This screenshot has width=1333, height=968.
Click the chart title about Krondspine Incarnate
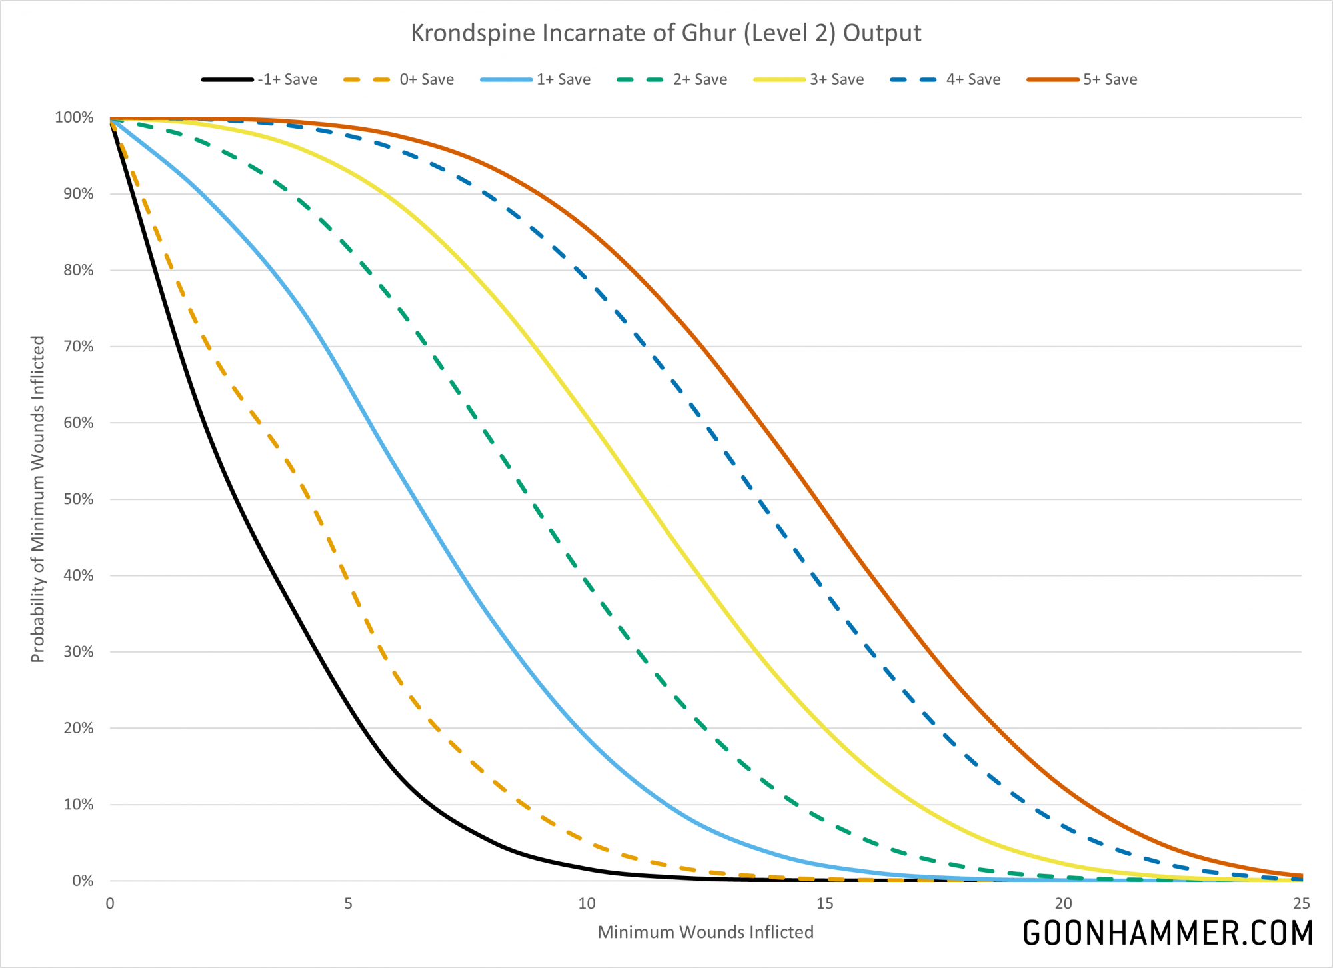point(666,33)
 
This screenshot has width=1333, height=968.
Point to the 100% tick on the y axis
point(74,118)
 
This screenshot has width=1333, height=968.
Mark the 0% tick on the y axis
point(81,881)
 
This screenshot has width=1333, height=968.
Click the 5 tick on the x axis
point(348,904)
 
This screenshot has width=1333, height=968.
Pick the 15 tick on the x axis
point(825,904)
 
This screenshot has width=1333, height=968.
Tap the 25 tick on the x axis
point(1302,904)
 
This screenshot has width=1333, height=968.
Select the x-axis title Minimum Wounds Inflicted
point(705,932)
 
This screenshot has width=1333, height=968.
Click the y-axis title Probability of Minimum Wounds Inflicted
point(38,499)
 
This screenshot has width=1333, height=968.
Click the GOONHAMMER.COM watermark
point(1168,933)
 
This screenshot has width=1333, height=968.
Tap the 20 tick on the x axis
point(1063,904)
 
